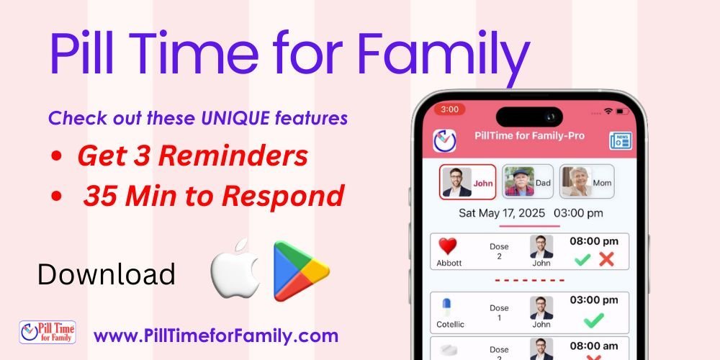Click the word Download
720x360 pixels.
tap(107, 274)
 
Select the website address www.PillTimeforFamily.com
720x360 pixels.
tap(216, 336)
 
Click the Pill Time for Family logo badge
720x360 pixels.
tap(48, 332)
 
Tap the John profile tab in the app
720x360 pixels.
tap(467, 182)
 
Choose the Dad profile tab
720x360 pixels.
tap(528, 182)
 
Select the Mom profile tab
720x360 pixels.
tap(587, 182)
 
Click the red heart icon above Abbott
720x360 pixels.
tap(447, 246)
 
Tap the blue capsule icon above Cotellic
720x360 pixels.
tap(446, 307)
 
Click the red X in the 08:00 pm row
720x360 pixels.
tap(606, 259)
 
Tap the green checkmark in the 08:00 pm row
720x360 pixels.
tap(582, 260)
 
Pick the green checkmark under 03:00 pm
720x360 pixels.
tap(594, 320)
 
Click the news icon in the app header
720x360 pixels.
tap(621, 140)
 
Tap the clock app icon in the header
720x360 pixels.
tap(444, 140)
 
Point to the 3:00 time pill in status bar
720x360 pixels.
tap(449, 109)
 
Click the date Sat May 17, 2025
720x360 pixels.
tap(502, 213)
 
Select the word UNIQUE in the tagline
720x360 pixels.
tap(235, 118)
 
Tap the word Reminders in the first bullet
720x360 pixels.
tap(233, 156)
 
